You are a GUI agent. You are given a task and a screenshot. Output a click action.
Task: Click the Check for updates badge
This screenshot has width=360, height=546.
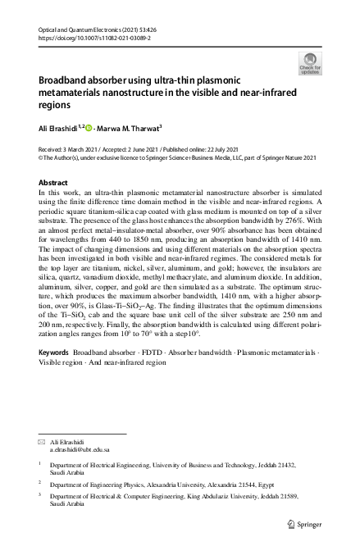tap(311, 62)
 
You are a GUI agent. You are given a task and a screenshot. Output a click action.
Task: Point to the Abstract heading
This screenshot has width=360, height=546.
tap(53, 182)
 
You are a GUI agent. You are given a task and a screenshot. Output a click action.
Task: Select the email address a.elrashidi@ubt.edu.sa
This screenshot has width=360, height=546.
tap(80, 450)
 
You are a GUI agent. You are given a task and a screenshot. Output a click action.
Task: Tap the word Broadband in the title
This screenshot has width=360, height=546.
tap(66, 81)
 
